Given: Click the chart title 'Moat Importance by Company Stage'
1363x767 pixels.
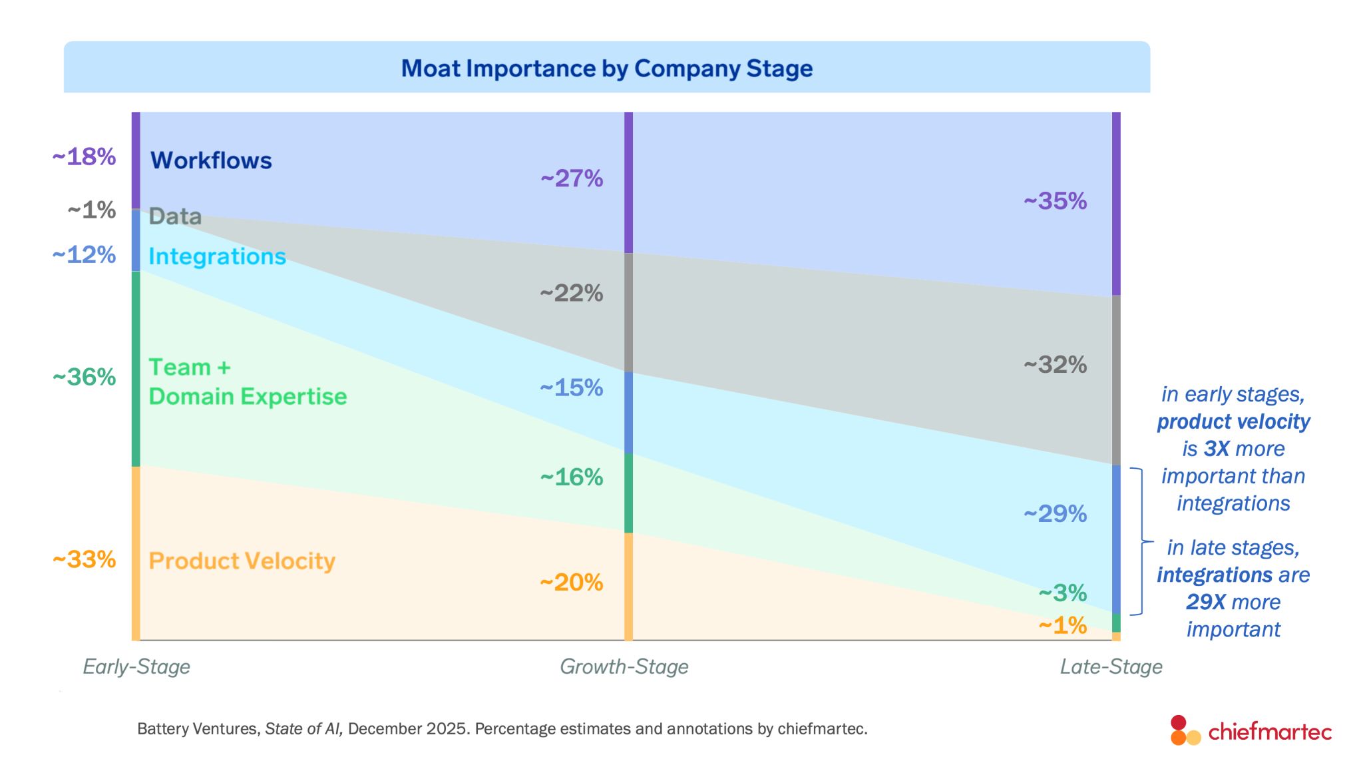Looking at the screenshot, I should [606, 69].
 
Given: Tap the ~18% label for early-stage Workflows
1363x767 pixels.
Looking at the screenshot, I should [84, 157].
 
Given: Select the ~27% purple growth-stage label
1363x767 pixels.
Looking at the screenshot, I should [572, 178].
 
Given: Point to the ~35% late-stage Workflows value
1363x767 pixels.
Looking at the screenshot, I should [1055, 201].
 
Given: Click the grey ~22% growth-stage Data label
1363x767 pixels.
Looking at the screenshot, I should [571, 293].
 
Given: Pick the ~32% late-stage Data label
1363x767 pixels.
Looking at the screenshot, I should [1055, 365].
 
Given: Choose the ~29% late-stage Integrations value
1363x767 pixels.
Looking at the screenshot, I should [1055, 514].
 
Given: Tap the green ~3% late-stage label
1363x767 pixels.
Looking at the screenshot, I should [1063, 593].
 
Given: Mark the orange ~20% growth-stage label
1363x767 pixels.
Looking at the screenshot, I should [571, 583].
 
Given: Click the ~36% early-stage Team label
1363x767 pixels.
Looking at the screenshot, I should [84, 378].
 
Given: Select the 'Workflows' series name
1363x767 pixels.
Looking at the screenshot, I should [211, 160].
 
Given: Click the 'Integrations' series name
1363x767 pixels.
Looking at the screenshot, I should [217, 256].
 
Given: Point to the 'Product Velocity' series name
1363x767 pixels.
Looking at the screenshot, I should [242, 561].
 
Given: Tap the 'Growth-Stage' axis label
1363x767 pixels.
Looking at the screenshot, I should [624, 666].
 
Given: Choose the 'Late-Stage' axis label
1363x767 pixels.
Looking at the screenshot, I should [1111, 666].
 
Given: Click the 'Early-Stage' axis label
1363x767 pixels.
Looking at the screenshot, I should [136, 666].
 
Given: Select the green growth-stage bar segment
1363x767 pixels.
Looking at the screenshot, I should [628, 493].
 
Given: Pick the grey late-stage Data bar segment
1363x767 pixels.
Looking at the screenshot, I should [1116, 380].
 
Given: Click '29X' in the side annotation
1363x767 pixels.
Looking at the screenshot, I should [1205, 602].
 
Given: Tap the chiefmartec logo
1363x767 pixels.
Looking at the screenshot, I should [1251, 730].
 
